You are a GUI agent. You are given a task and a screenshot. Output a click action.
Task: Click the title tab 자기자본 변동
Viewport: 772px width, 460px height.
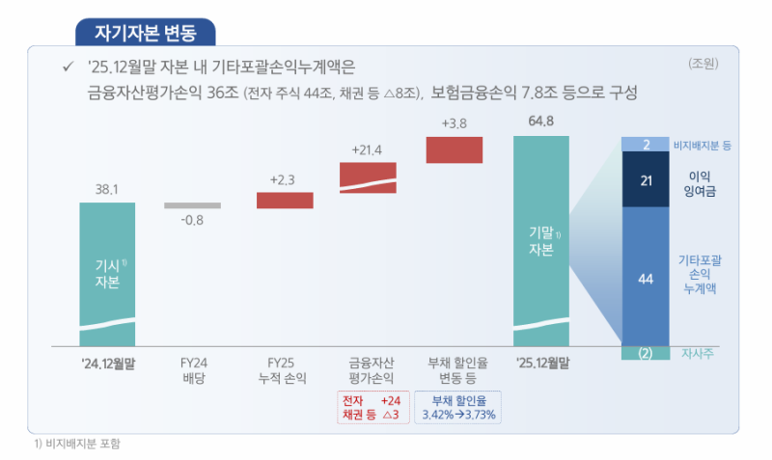pyautogui.click(x=145, y=33)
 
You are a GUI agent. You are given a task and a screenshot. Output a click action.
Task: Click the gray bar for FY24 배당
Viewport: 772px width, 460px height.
pyautogui.click(x=192, y=205)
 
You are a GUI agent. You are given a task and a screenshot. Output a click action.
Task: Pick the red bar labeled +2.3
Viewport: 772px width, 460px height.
pyautogui.click(x=285, y=201)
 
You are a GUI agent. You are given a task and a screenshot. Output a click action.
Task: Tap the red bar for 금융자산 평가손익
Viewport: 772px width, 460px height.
pyautogui.click(x=368, y=177)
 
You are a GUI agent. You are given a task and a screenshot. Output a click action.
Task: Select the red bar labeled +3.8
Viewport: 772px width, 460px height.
pyautogui.click(x=454, y=149)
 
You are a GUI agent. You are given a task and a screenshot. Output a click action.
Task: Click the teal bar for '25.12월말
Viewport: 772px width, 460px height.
pyautogui.click(x=540, y=241)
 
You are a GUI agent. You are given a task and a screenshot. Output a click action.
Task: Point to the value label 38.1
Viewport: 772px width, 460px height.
pyautogui.click(x=107, y=190)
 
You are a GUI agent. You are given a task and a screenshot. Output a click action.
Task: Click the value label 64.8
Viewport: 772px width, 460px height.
pyautogui.click(x=540, y=122)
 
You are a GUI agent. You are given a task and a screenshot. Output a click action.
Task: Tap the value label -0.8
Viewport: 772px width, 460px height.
pyautogui.click(x=192, y=220)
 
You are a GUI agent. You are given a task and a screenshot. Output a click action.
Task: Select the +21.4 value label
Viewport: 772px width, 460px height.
pyautogui.click(x=368, y=149)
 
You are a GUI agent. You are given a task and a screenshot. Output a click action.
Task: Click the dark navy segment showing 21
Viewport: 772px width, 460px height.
pyautogui.click(x=646, y=179)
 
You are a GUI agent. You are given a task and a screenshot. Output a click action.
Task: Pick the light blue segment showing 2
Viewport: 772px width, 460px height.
pyautogui.click(x=646, y=144)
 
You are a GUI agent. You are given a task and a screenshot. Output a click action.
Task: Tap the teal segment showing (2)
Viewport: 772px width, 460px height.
pyautogui.click(x=646, y=353)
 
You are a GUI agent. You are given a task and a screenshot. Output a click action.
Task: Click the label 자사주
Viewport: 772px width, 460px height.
pyautogui.click(x=697, y=353)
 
